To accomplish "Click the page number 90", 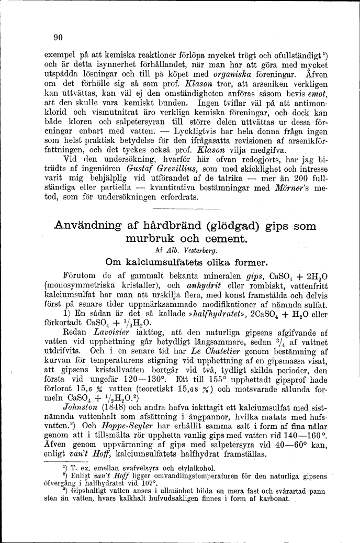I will tap(58, 37).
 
